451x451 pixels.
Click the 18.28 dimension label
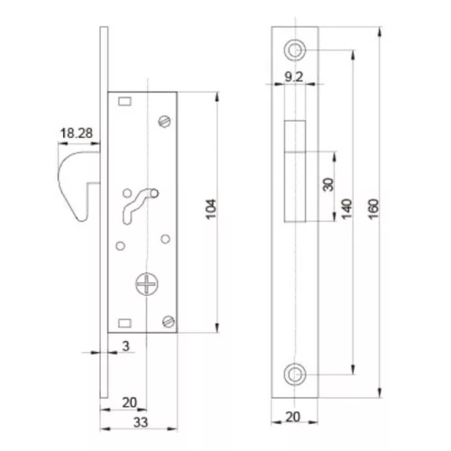pos(77,133)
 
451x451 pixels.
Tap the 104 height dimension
pos(211,209)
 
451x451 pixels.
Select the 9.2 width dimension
pos(294,77)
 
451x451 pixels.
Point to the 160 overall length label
pos(373,209)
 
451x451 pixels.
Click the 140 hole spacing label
pos(346,209)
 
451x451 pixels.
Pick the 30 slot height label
pos(328,185)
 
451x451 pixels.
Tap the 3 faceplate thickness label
pos(125,346)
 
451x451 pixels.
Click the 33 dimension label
pos(141,422)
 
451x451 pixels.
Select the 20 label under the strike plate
pos(293,417)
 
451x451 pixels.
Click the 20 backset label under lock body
pos(130,402)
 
